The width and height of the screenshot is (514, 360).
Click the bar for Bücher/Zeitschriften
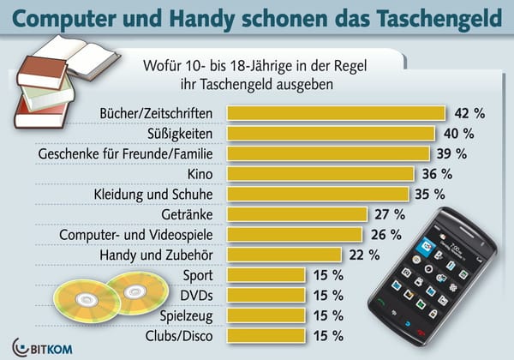click(x=335, y=113)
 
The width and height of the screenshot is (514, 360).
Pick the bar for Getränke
click(x=296, y=213)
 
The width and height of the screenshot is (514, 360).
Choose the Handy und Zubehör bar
click(x=284, y=254)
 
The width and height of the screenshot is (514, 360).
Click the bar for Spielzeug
click(x=265, y=315)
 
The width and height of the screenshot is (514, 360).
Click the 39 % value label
click(x=451, y=153)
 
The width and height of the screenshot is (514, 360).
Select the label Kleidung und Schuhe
click(x=158, y=194)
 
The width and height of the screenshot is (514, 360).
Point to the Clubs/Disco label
click(x=182, y=335)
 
